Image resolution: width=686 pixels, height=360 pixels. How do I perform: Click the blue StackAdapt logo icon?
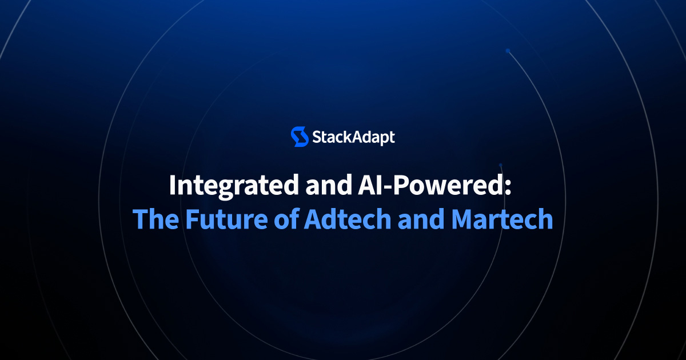coord(300,137)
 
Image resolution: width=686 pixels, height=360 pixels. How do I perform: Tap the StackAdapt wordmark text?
coord(353,137)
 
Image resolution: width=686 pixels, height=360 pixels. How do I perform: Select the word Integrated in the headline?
coord(234,186)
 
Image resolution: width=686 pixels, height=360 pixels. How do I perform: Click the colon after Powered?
coord(508,187)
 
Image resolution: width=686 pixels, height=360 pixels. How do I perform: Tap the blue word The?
coord(156,218)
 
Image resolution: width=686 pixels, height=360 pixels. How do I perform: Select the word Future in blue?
coord(226,218)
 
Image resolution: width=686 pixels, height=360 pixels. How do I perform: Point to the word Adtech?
coord(348,218)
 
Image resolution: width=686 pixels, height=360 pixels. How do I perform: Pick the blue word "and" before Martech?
coord(421,218)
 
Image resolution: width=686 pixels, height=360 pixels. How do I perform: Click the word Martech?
coord(502,218)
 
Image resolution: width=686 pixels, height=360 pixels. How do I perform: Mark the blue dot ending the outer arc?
coord(508,51)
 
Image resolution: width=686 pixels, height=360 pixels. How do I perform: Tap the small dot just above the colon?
coord(501,165)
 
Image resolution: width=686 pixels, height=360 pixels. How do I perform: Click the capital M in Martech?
coord(463,219)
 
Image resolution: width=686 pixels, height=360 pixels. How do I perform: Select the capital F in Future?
coord(193,219)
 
